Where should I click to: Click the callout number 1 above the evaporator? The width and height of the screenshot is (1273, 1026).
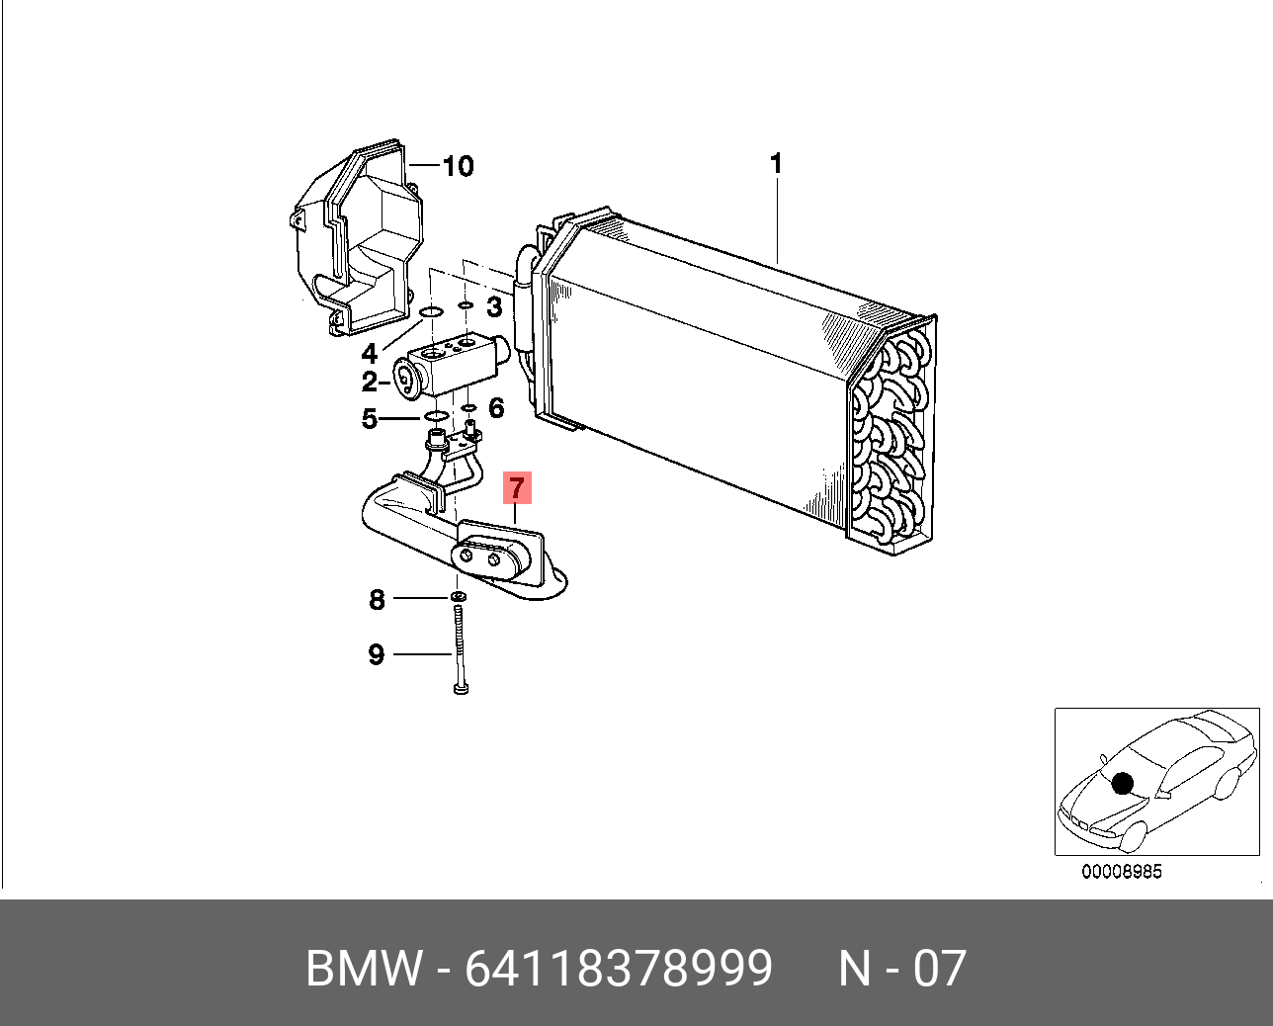click(x=777, y=163)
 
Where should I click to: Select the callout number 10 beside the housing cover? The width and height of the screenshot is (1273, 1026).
click(x=458, y=166)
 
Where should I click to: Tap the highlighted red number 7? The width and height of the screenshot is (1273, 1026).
click(x=517, y=488)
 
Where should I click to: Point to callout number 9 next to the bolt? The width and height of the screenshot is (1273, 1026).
click(x=376, y=654)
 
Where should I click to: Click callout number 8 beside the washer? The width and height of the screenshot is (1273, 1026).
click(x=377, y=599)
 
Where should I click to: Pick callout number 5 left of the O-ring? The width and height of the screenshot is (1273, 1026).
click(x=369, y=419)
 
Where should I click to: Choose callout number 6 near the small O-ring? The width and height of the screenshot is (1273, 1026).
click(x=496, y=407)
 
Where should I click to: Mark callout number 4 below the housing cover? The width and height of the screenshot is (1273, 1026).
click(x=369, y=353)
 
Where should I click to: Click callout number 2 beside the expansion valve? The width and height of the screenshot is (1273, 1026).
click(x=369, y=383)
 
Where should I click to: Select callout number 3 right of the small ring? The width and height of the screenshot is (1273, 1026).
click(x=494, y=306)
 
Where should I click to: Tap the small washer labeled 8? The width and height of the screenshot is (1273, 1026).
click(x=458, y=597)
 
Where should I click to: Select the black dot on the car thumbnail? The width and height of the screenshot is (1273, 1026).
click(x=1121, y=784)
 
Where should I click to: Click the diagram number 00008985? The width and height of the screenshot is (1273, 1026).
click(x=1122, y=872)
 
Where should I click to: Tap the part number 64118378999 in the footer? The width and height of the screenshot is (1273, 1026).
click(x=619, y=968)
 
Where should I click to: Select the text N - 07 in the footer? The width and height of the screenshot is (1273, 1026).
click(x=902, y=968)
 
